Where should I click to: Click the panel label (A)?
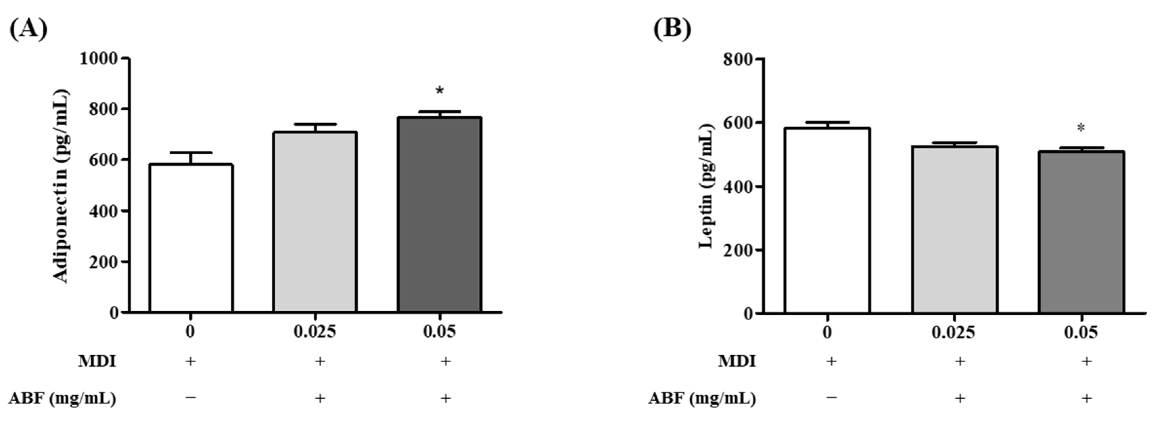[28, 29]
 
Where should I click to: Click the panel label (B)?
[672, 29]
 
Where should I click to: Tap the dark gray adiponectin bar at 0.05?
[440, 215]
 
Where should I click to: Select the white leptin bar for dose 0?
[827, 221]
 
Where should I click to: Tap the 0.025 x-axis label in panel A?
[315, 332]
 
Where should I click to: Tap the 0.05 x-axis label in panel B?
[1081, 333]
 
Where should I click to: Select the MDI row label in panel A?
[97, 361]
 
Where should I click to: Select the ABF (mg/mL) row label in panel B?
[702, 398]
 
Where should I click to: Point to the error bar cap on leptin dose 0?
[827, 123]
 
